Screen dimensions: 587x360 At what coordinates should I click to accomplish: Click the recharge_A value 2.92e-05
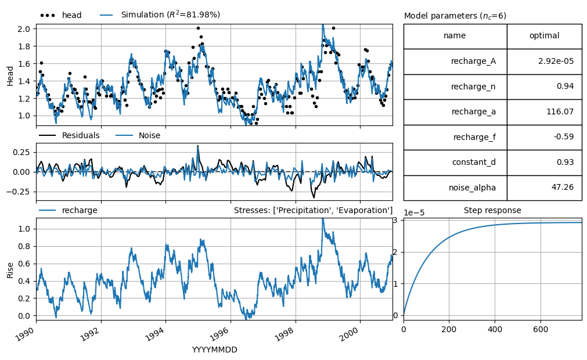[556, 61]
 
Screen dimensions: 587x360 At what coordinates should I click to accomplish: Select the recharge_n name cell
[455, 87]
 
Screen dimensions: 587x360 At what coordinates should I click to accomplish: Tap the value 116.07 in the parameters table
[560, 111]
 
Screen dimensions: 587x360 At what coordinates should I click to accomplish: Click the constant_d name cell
[455, 162]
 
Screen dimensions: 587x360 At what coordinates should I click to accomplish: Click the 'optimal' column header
[545, 37]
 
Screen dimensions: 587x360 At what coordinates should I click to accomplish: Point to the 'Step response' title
[492, 210]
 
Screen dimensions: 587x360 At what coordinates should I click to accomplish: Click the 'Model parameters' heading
[455, 16]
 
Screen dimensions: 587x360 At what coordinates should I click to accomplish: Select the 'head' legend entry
[60, 15]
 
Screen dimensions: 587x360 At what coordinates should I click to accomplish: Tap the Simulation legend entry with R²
[160, 15]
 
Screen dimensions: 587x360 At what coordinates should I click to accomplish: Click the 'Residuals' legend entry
[69, 135]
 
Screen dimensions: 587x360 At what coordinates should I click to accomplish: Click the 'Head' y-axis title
[10, 76]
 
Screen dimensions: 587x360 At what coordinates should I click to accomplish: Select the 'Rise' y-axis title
[10, 270]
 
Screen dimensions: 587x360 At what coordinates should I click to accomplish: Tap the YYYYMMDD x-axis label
[214, 350]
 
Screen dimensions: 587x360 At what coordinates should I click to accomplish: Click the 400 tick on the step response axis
[495, 329]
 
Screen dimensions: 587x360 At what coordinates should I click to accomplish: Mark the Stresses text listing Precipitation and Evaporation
[314, 210]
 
